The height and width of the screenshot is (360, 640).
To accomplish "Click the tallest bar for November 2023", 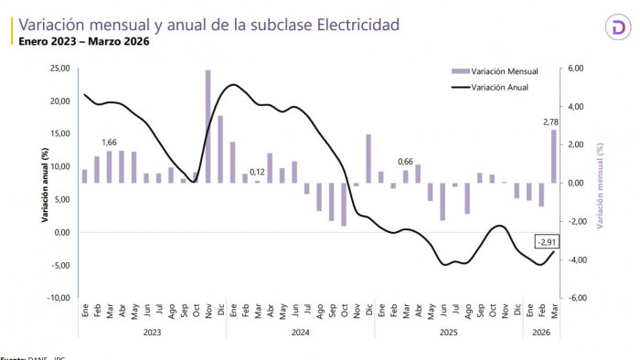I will point(208,126).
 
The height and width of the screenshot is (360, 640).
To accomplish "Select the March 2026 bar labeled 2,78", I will point(553,156).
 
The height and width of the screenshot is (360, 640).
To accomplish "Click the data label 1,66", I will point(111,143).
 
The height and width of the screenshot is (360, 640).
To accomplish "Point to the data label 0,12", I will point(258,172).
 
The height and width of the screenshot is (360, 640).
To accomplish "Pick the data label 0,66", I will point(405,162).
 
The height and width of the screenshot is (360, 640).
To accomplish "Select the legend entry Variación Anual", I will point(500,87).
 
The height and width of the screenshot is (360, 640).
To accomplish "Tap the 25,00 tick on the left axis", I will point(59,69).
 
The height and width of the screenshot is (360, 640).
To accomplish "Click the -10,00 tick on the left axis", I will point(58,298).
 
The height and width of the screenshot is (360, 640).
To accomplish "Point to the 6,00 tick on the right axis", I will point(578,69).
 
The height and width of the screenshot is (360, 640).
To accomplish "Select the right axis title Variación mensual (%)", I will point(601,183).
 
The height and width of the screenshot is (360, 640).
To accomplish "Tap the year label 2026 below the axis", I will point(541,334).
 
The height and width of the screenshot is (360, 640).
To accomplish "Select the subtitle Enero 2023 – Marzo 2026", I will point(84,42).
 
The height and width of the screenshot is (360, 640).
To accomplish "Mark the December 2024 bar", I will point(368,159).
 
